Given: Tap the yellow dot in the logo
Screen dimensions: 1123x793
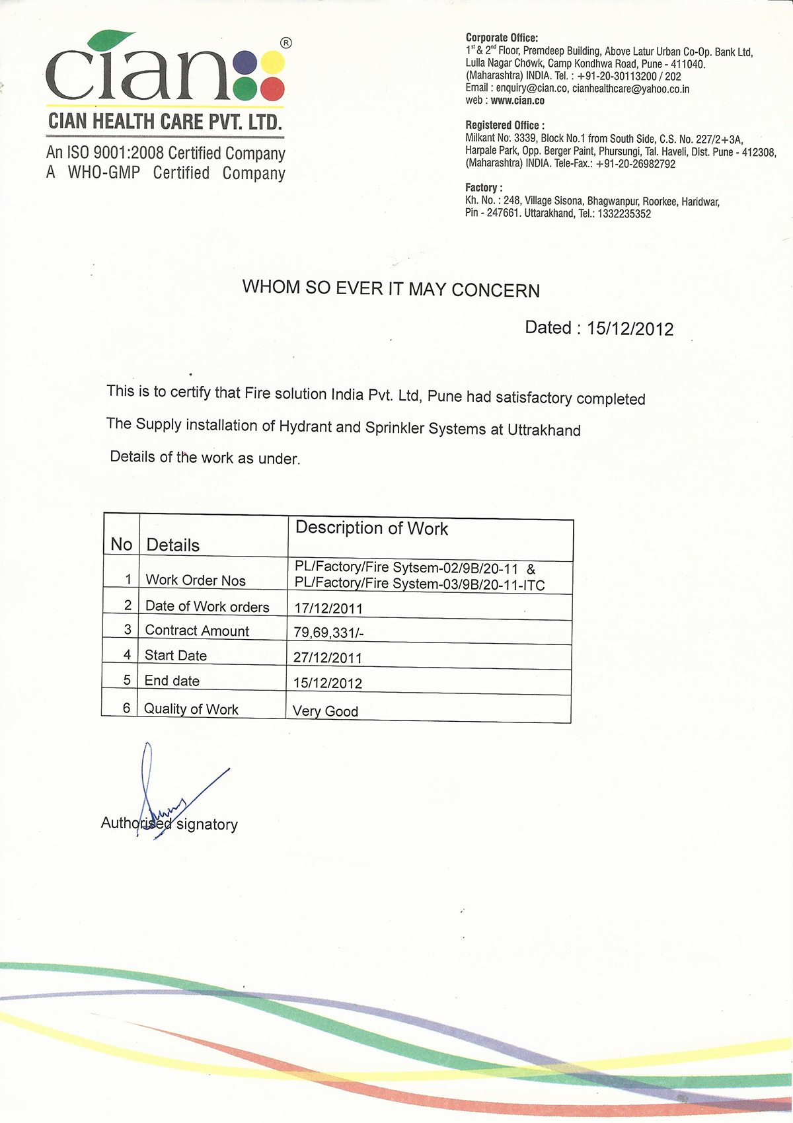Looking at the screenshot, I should [x=272, y=63].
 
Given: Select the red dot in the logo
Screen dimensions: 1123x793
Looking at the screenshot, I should [x=272, y=88].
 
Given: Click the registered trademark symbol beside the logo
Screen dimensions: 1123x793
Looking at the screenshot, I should [x=285, y=43].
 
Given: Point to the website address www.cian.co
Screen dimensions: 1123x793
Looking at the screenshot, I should [x=517, y=100].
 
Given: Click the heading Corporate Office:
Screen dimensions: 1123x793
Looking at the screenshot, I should [x=502, y=38].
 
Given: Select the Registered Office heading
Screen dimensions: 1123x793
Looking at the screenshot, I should [x=505, y=125].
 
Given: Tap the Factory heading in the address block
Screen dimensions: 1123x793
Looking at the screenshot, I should [x=484, y=188].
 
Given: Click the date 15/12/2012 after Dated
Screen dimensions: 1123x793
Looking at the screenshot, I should [x=630, y=329].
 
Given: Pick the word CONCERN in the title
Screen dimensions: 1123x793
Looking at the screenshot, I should [x=496, y=290].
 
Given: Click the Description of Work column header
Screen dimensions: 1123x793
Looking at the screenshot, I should [x=371, y=528].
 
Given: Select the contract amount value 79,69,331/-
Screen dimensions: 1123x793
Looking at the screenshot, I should [x=328, y=633].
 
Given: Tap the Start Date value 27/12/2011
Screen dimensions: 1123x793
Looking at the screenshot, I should [x=328, y=658].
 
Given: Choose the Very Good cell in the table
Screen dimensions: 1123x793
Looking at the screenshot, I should [x=325, y=711].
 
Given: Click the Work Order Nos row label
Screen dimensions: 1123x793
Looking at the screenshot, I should [x=196, y=580].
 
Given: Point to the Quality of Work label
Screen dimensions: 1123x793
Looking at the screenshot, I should [x=191, y=709].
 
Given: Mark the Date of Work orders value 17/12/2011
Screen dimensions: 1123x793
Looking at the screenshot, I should [x=328, y=608].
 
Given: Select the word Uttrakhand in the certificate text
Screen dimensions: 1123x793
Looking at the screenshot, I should [x=544, y=430].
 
